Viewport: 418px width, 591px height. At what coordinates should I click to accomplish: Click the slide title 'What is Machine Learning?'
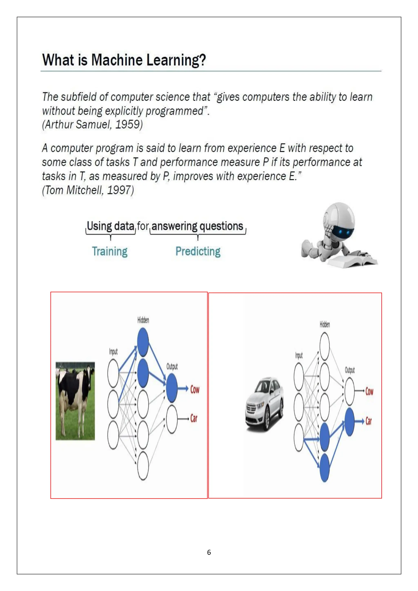coord(124,60)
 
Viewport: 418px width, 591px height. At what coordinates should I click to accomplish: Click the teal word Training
coord(110,251)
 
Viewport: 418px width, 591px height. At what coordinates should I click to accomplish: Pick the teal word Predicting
coord(198,251)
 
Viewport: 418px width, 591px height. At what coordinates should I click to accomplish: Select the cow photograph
coord(75,401)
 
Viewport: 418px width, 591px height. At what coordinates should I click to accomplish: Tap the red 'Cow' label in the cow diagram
coord(195,389)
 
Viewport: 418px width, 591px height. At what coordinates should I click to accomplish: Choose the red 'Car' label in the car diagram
coord(369,421)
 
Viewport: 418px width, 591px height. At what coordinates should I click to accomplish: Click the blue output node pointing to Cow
coord(172,388)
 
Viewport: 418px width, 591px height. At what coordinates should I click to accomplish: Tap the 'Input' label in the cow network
coord(113,352)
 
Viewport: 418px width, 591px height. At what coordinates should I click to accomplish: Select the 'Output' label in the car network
coord(350,370)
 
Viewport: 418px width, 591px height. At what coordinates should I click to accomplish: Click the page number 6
coord(209,552)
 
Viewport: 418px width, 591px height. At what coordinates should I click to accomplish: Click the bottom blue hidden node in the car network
coord(325,468)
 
